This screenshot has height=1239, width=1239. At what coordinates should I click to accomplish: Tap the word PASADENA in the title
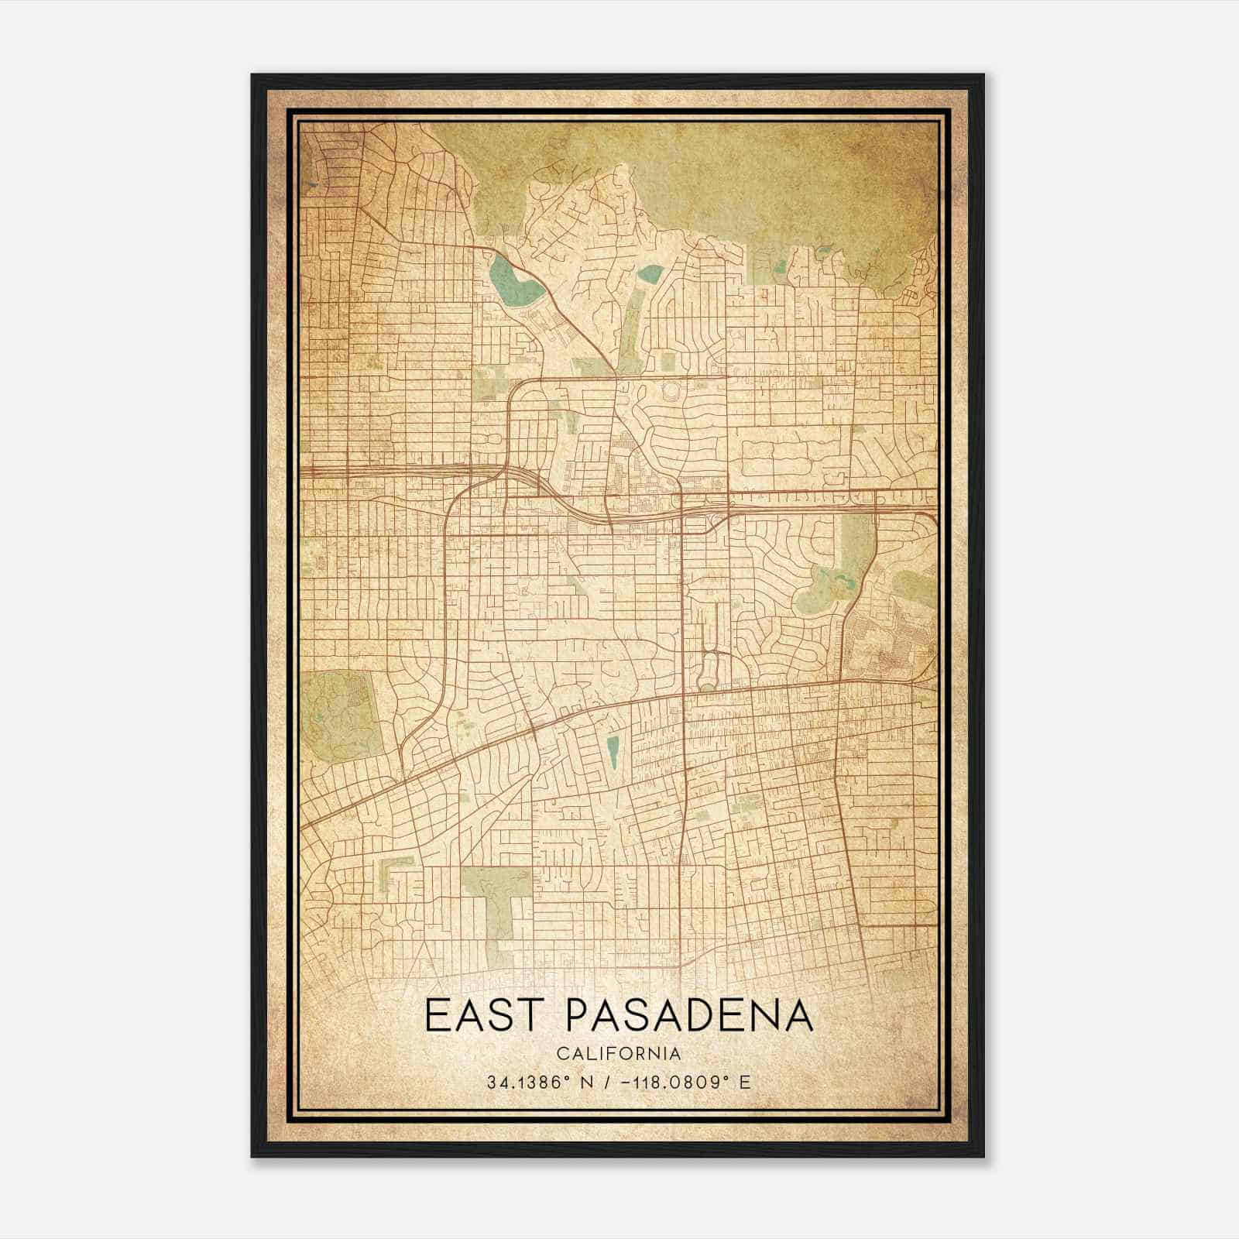pyautogui.click(x=689, y=1017)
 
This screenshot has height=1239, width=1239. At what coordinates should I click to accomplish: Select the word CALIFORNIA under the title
pyautogui.click(x=619, y=1054)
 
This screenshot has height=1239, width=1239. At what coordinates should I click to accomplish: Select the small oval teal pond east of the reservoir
pyautogui.click(x=650, y=273)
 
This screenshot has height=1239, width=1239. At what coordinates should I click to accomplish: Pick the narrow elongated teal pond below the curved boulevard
pyautogui.click(x=613, y=752)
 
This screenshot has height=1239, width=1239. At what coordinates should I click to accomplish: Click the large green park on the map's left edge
pyautogui.click(x=341, y=712)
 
